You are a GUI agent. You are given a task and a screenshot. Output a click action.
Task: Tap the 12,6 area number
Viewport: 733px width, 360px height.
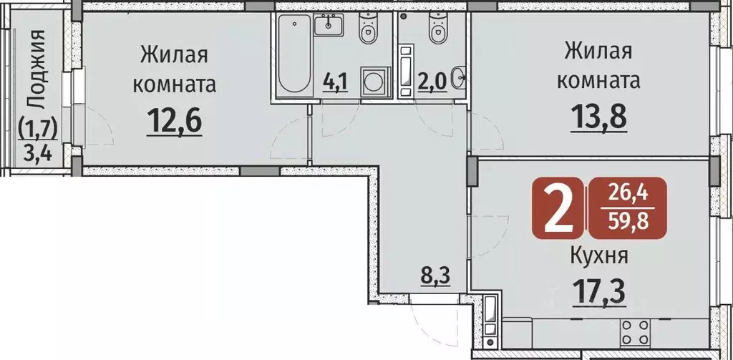click(175, 121)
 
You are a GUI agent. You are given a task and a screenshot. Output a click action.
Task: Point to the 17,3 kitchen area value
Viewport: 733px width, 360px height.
click(599, 291)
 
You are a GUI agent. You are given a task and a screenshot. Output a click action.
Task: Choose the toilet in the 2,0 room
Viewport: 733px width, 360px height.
click(437, 28)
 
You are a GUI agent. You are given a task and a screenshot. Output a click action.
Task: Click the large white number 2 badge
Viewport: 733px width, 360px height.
click(558, 208)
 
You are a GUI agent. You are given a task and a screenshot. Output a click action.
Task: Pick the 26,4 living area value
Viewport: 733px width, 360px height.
click(626, 193)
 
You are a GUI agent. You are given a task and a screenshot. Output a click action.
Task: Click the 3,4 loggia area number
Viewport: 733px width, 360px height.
click(38, 152)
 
